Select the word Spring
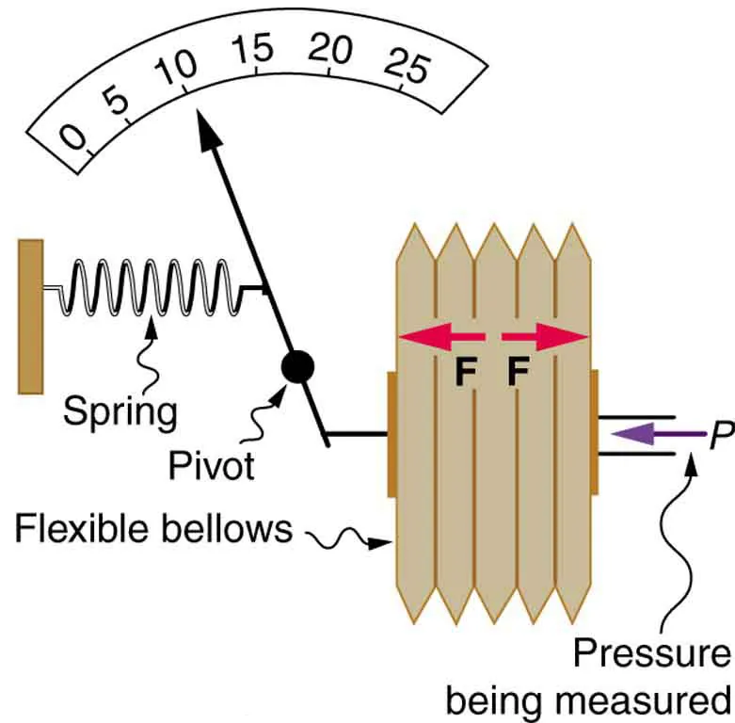[120, 410]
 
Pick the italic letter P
[721, 435]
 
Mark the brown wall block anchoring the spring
[30, 315]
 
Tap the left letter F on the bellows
[464, 374]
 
